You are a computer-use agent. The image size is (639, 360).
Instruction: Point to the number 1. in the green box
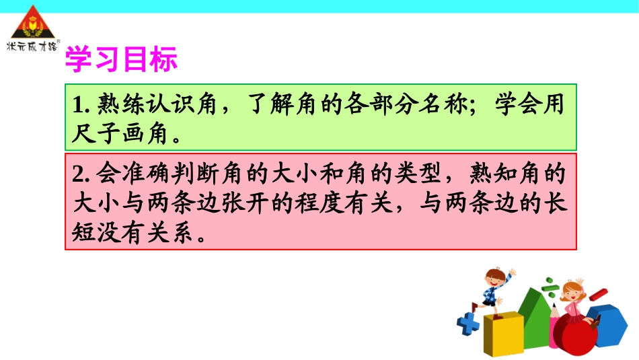tap(81, 106)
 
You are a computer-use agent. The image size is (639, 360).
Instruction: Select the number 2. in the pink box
tap(81, 173)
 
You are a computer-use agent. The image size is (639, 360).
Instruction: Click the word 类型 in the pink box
tap(420, 173)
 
